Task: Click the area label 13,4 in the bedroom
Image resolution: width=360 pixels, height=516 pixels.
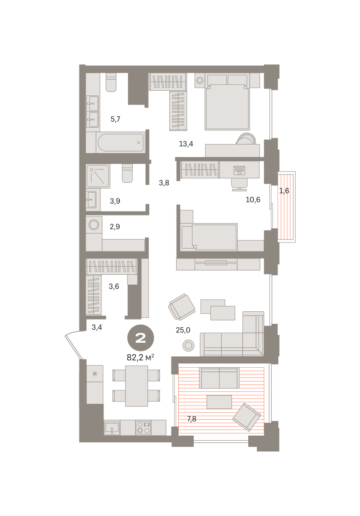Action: pos(186,144)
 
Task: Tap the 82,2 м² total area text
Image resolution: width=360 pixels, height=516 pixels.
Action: pos(140,357)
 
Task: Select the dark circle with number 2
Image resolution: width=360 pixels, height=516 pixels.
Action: pos(140,338)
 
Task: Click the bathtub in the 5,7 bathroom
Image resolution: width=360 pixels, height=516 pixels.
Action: pos(121,142)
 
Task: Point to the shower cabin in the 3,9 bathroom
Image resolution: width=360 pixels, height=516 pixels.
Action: pos(98,176)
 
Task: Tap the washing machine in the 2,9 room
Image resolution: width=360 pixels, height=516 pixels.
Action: pos(94,224)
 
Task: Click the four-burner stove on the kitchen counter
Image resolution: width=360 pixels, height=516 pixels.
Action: pos(143,427)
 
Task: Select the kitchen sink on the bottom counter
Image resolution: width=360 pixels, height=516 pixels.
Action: pos(112,428)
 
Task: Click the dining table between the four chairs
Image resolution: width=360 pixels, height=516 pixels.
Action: pos(137,386)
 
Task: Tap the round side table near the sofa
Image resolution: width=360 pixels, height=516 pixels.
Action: pos(188,346)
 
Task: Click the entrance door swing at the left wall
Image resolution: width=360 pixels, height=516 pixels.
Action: pos(73,344)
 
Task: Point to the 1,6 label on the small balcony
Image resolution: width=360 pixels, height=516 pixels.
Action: pos(284,191)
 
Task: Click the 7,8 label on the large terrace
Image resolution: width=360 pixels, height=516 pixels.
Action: pos(192,419)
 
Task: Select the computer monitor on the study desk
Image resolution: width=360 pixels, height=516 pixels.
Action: pos(239,170)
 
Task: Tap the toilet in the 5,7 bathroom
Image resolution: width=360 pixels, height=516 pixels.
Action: pos(111,82)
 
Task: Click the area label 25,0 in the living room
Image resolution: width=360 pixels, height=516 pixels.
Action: pos(183,330)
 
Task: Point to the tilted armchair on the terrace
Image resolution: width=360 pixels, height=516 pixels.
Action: pos(247,417)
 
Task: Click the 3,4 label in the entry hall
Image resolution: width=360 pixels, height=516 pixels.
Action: pos(97,327)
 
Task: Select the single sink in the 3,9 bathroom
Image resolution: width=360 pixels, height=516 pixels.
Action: pos(92,200)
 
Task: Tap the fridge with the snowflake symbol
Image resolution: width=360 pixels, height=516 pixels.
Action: pos(95,373)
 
